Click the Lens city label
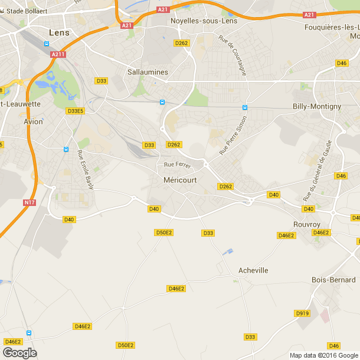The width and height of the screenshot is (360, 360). [x=59, y=32]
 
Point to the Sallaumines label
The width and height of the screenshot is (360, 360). [x=148, y=72]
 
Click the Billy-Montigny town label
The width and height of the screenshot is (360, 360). [x=317, y=106]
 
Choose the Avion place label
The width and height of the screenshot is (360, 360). [x=34, y=122]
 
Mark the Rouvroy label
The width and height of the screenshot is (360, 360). [x=307, y=224]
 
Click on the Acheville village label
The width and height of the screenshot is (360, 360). [x=253, y=270]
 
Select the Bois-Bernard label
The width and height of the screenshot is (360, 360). [x=334, y=280]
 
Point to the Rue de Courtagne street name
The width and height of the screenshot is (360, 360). [x=232, y=55]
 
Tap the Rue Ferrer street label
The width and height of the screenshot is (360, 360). [x=178, y=165]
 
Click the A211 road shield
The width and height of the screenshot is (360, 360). [x=57, y=54]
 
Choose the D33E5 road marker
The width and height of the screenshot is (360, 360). [x=76, y=111]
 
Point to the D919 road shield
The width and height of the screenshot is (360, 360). [x=302, y=313]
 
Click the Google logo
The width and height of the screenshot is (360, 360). [x=19, y=352]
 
